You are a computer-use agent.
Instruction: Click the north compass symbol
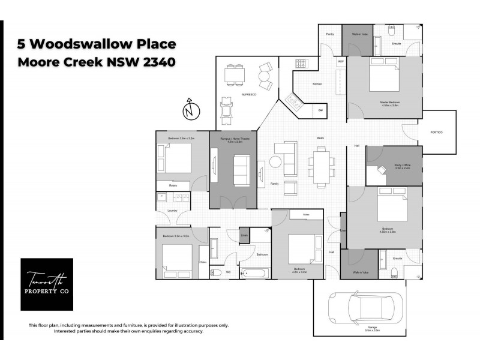click(x=190, y=110)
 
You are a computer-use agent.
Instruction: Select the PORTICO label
click(x=436, y=132)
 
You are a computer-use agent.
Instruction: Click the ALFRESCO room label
click(x=250, y=95)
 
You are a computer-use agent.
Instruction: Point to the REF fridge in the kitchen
click(x=341, y=62)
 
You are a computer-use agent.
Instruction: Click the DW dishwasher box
click(x=320, y=111)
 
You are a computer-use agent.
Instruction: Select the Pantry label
click(x=329, y=35)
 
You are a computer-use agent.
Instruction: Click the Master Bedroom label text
click(x=389, y=103)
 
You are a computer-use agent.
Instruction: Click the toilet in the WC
click(x=217, y=272)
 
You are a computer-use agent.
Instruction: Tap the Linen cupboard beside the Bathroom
click(x=244, y=235)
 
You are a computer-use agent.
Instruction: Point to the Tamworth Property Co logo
click(x=47, y=284)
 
